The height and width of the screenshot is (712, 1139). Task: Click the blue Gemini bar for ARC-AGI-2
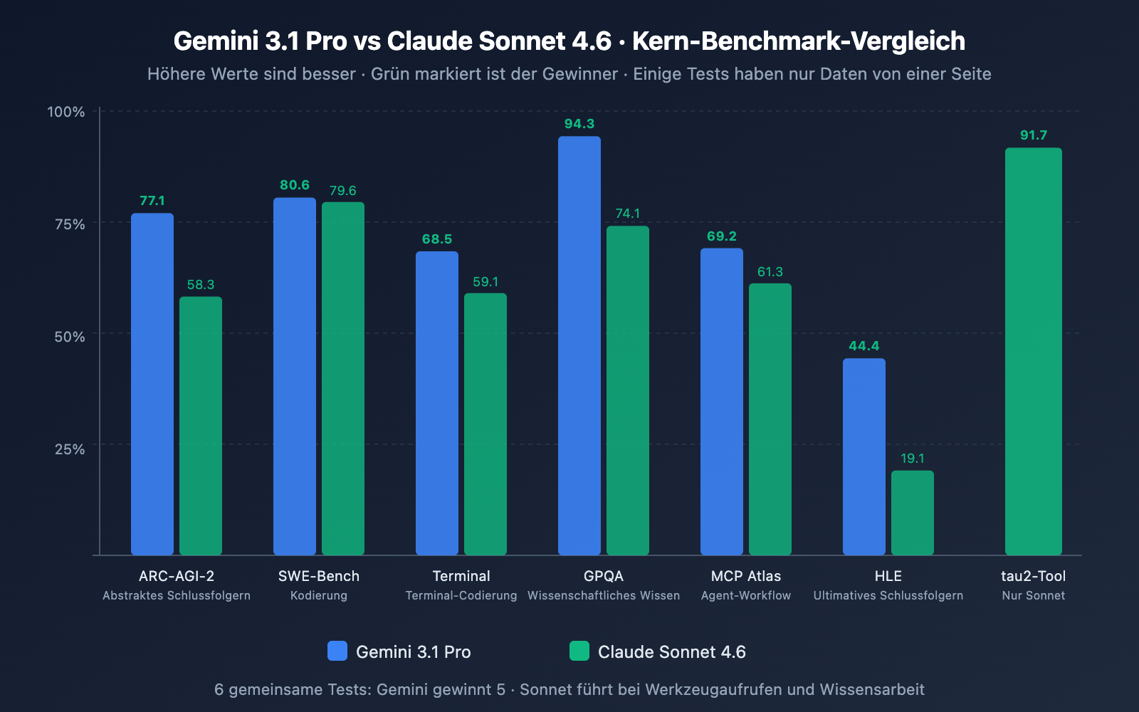click(152, 384)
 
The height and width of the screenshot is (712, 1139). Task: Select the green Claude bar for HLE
click(913, 513)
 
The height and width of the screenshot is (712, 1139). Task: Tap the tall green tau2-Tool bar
click(1034, 352)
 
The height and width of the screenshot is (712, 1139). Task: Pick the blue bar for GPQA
click(579, 346)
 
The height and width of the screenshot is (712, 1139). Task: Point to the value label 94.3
click(579, 124)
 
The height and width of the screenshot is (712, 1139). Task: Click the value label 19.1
click(913, 459)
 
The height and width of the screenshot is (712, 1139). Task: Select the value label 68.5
click(437, 239)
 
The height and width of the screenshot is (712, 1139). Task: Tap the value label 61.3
click(770, 272)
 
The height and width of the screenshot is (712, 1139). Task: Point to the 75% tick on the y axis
click(70, 224)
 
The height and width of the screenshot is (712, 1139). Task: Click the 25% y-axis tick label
click(70, 449)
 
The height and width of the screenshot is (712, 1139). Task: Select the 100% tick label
click(66, 112)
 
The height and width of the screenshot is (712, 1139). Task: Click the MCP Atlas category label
click(746, 576)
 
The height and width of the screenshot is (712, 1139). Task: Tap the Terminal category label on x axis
click(461, 576)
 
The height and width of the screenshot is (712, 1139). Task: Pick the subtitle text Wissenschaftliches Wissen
click(604, 596)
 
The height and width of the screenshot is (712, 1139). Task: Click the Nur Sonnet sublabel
click(1034, 596)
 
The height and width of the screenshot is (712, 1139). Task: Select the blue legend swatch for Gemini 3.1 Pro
click(337, 651)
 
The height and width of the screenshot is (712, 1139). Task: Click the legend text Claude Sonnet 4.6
click(671, 652)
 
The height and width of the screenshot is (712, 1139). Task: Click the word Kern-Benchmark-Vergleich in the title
click(799, 41)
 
